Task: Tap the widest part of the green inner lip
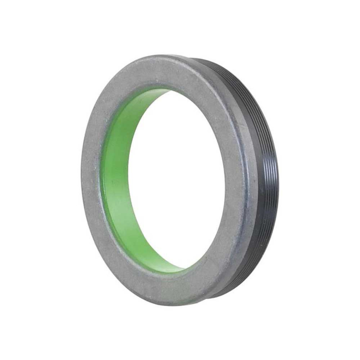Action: coord(116,180)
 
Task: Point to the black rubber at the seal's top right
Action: coord(226,69)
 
